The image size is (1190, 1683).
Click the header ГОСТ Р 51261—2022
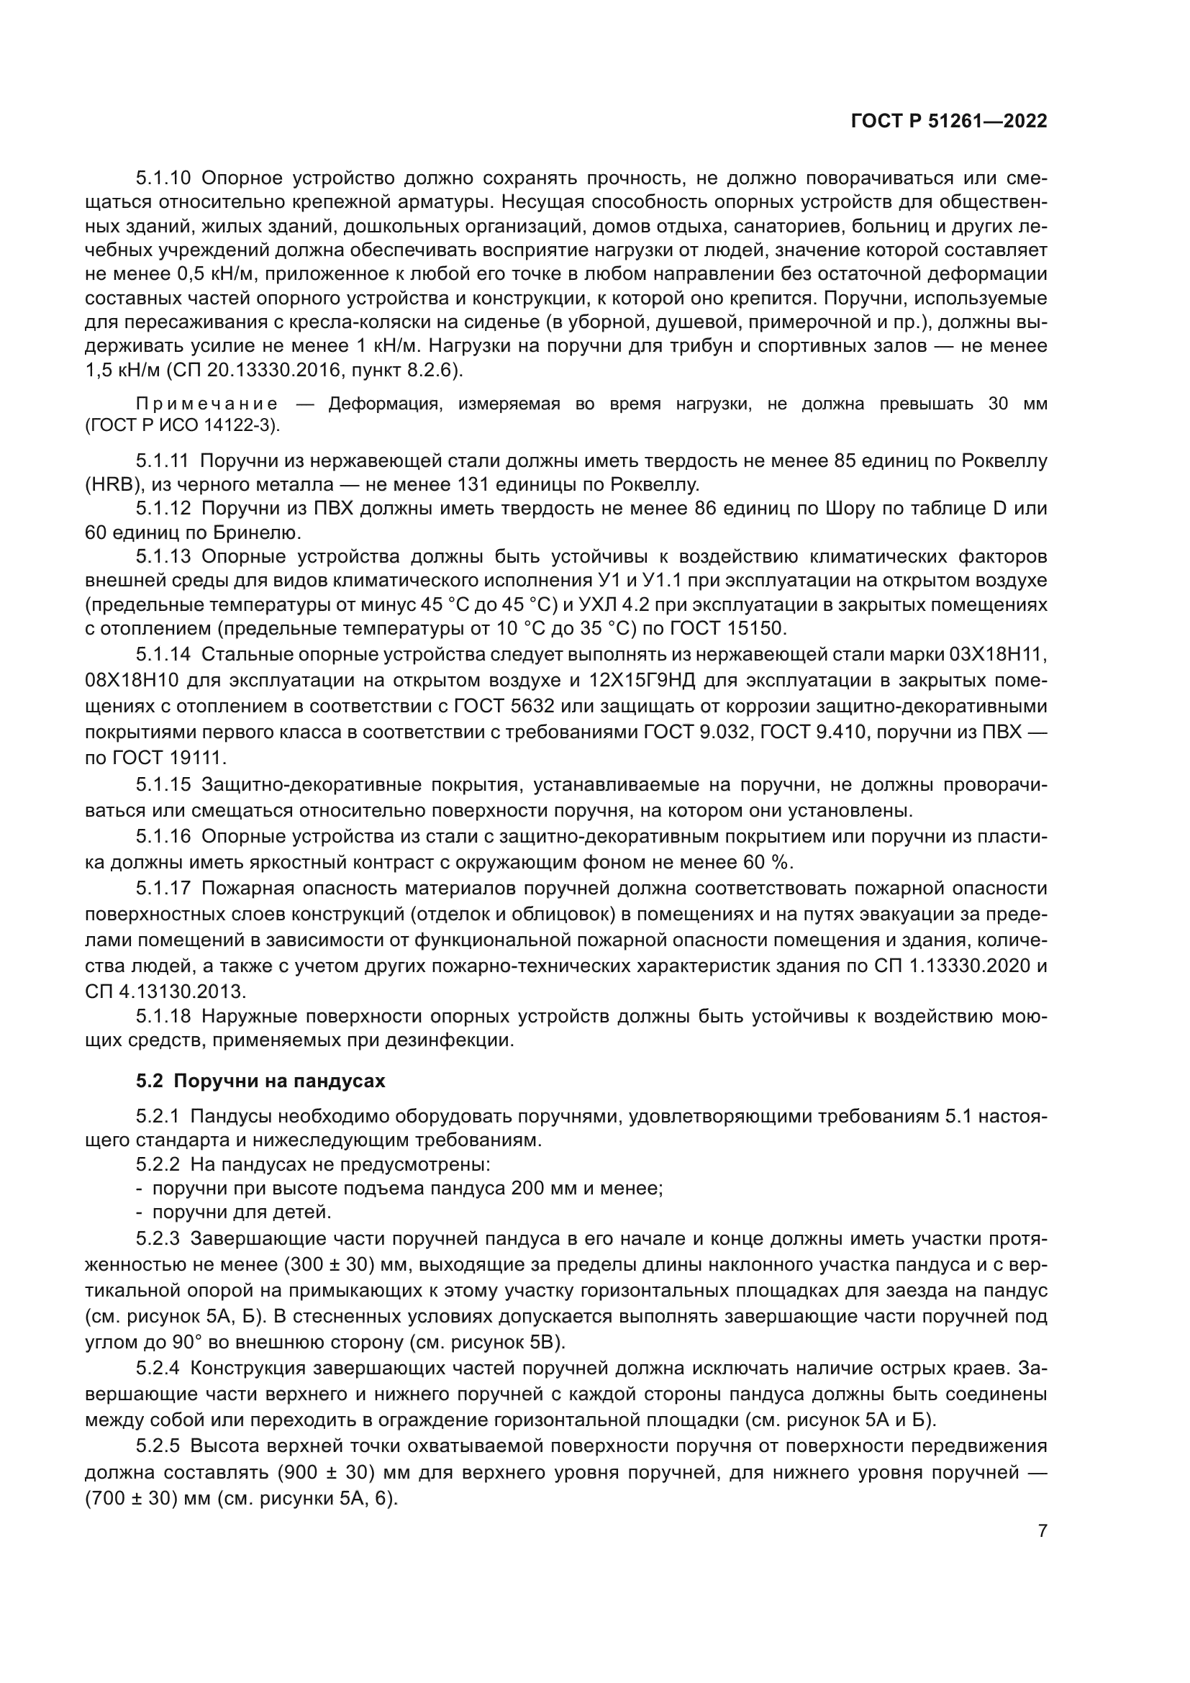click(x=949, y=122)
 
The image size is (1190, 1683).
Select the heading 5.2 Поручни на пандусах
click(x=260, y=1081)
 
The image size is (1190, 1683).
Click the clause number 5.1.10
click(x=163, y=178)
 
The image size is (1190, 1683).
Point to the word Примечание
click(x=207, y=404)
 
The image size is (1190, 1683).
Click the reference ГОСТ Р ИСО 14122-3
click(x=183, y=425)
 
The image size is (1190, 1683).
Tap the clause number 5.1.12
click(x=163, y=509)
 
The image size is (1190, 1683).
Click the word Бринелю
click(x=254, y=533)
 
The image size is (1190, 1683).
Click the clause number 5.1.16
click(x=163, y=837)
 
